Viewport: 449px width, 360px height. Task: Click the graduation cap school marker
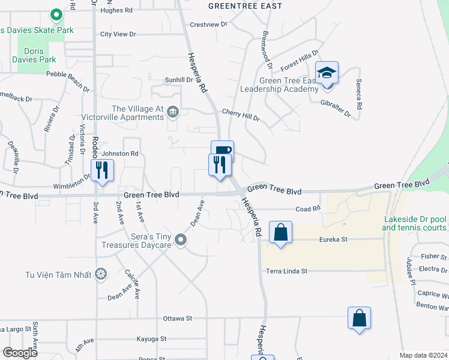[x=327, y=73]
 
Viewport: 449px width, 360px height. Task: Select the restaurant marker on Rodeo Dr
[x=102, y=170]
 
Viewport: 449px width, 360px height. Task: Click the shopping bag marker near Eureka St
[x=281, y=232]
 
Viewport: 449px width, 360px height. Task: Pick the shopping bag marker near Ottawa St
[x=359, y=318]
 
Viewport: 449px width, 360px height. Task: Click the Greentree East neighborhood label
[x=245, y=6]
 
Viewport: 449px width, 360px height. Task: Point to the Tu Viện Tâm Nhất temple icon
[x=101, y=275]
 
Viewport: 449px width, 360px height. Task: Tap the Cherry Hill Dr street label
[x=240, y=115]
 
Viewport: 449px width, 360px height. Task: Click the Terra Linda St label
[x=287, y=271]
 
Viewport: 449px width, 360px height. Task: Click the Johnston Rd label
[x=120, y=154]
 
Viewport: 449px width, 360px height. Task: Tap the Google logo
[x=20, y=353]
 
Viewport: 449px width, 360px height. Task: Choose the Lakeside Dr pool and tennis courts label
[x=415, y=223]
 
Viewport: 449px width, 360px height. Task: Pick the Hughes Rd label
[x=117, y=10]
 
